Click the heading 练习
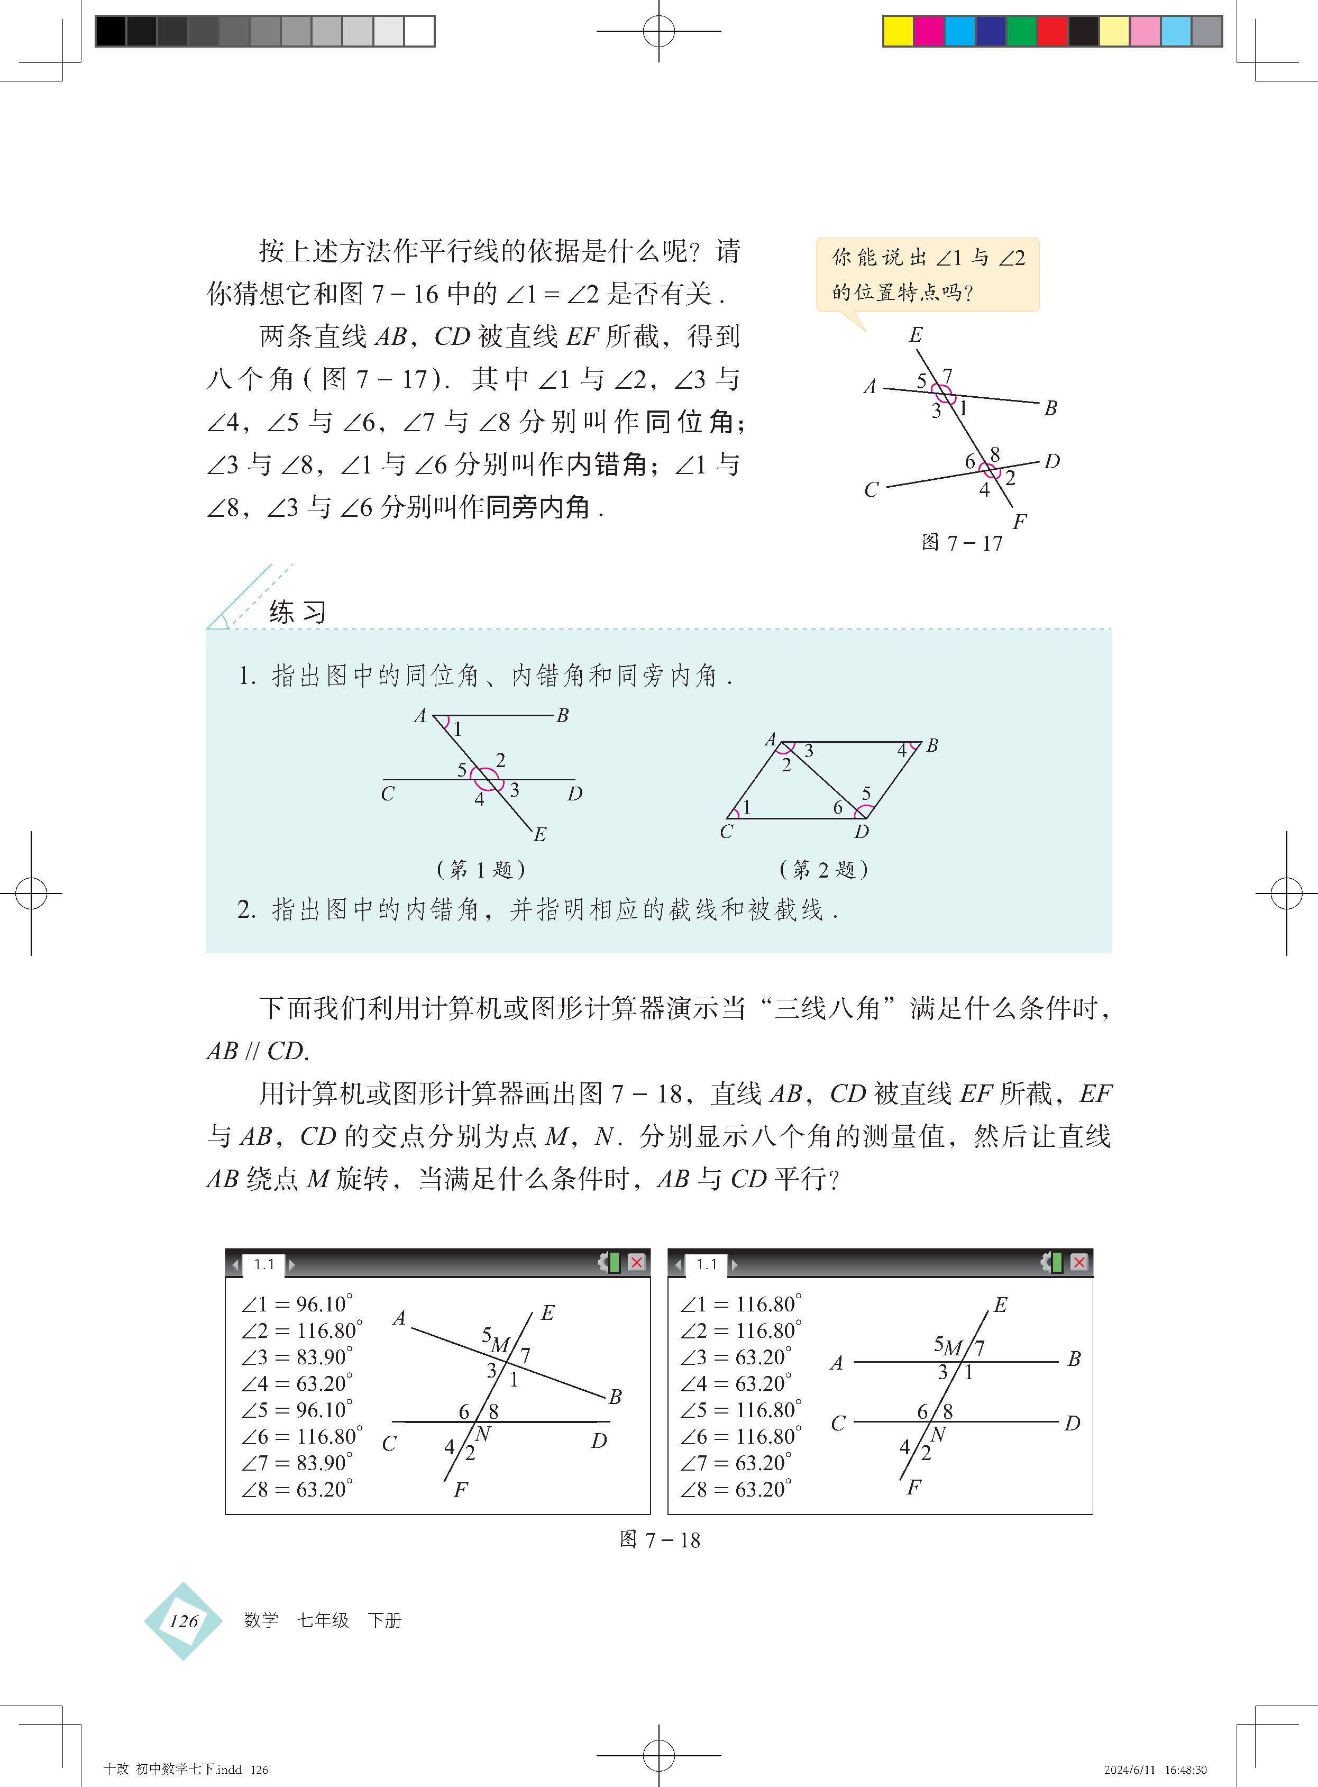pos(298,612)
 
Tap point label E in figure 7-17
pos(916,335)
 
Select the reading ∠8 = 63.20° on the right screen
pos(736,1489)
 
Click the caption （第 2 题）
pos(823,869)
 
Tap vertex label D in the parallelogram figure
pos(862,831)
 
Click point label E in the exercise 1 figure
pos(540,834)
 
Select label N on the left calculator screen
pos(483,1434)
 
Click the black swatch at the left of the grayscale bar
pos(111,31)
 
